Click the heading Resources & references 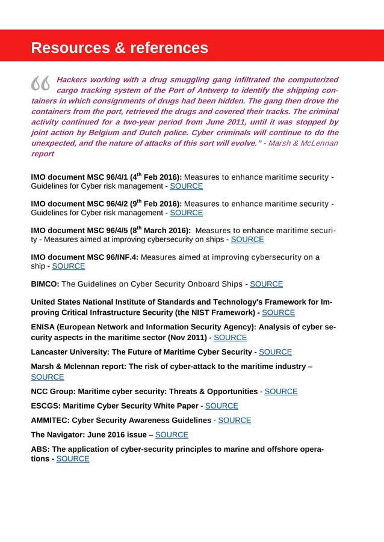(x=119, y=47)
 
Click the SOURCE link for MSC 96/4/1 (x=187, y=186)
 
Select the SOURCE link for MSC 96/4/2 (x=187, y=213)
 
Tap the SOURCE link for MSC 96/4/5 (x=247, y=239)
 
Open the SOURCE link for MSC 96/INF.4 (x=69, y=266)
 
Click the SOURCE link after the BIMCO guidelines (x=266, y=284)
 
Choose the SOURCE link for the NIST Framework (x=279, y=312)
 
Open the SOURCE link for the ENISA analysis (x=231, y=338)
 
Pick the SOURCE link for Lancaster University (x=275, y=352)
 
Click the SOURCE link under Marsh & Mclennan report (x=47, y=377)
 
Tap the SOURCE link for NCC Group (x=281, y=391)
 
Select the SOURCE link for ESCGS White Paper (x=221, y=406)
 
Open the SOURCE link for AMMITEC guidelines (x=234, y=420)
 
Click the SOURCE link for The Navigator (x=172, y=434)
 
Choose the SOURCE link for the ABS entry (x=72, y=458)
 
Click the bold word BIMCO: (x=45, y=284)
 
